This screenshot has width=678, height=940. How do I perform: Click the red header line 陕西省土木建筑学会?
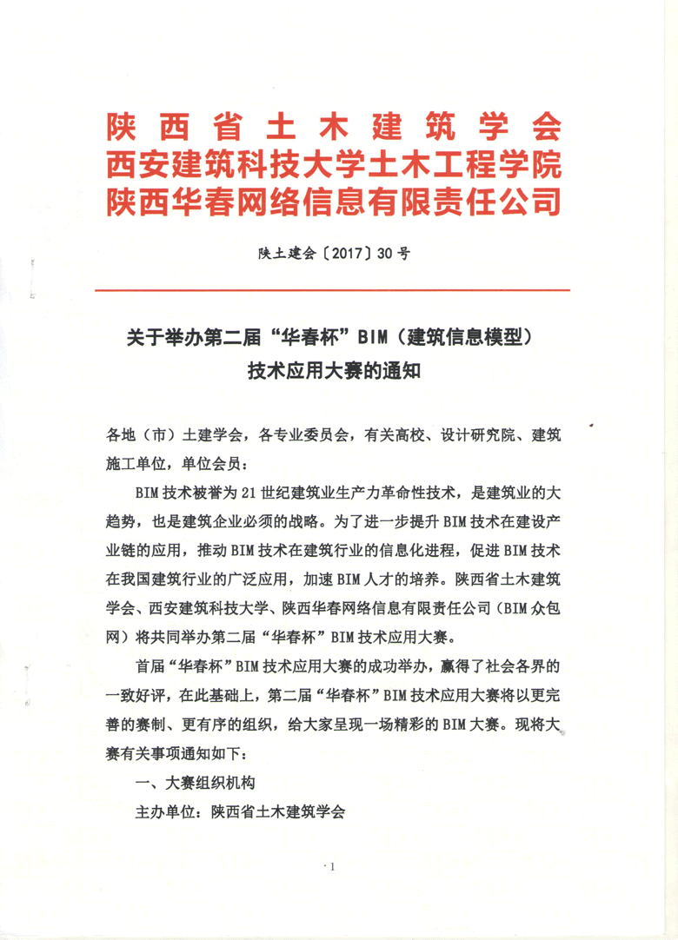(x=334, y=128)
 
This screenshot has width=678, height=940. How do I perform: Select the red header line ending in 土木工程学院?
(x=334, y=165)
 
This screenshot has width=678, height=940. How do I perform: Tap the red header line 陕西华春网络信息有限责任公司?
(x=334, y=202)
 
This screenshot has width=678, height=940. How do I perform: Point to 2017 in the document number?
(x=343, y=254)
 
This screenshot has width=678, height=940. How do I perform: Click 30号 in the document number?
(x=392, y=254)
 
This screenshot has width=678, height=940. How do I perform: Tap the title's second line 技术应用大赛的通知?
(x=334, y=372)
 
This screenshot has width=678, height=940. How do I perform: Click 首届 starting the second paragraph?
(x=150, y=666)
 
